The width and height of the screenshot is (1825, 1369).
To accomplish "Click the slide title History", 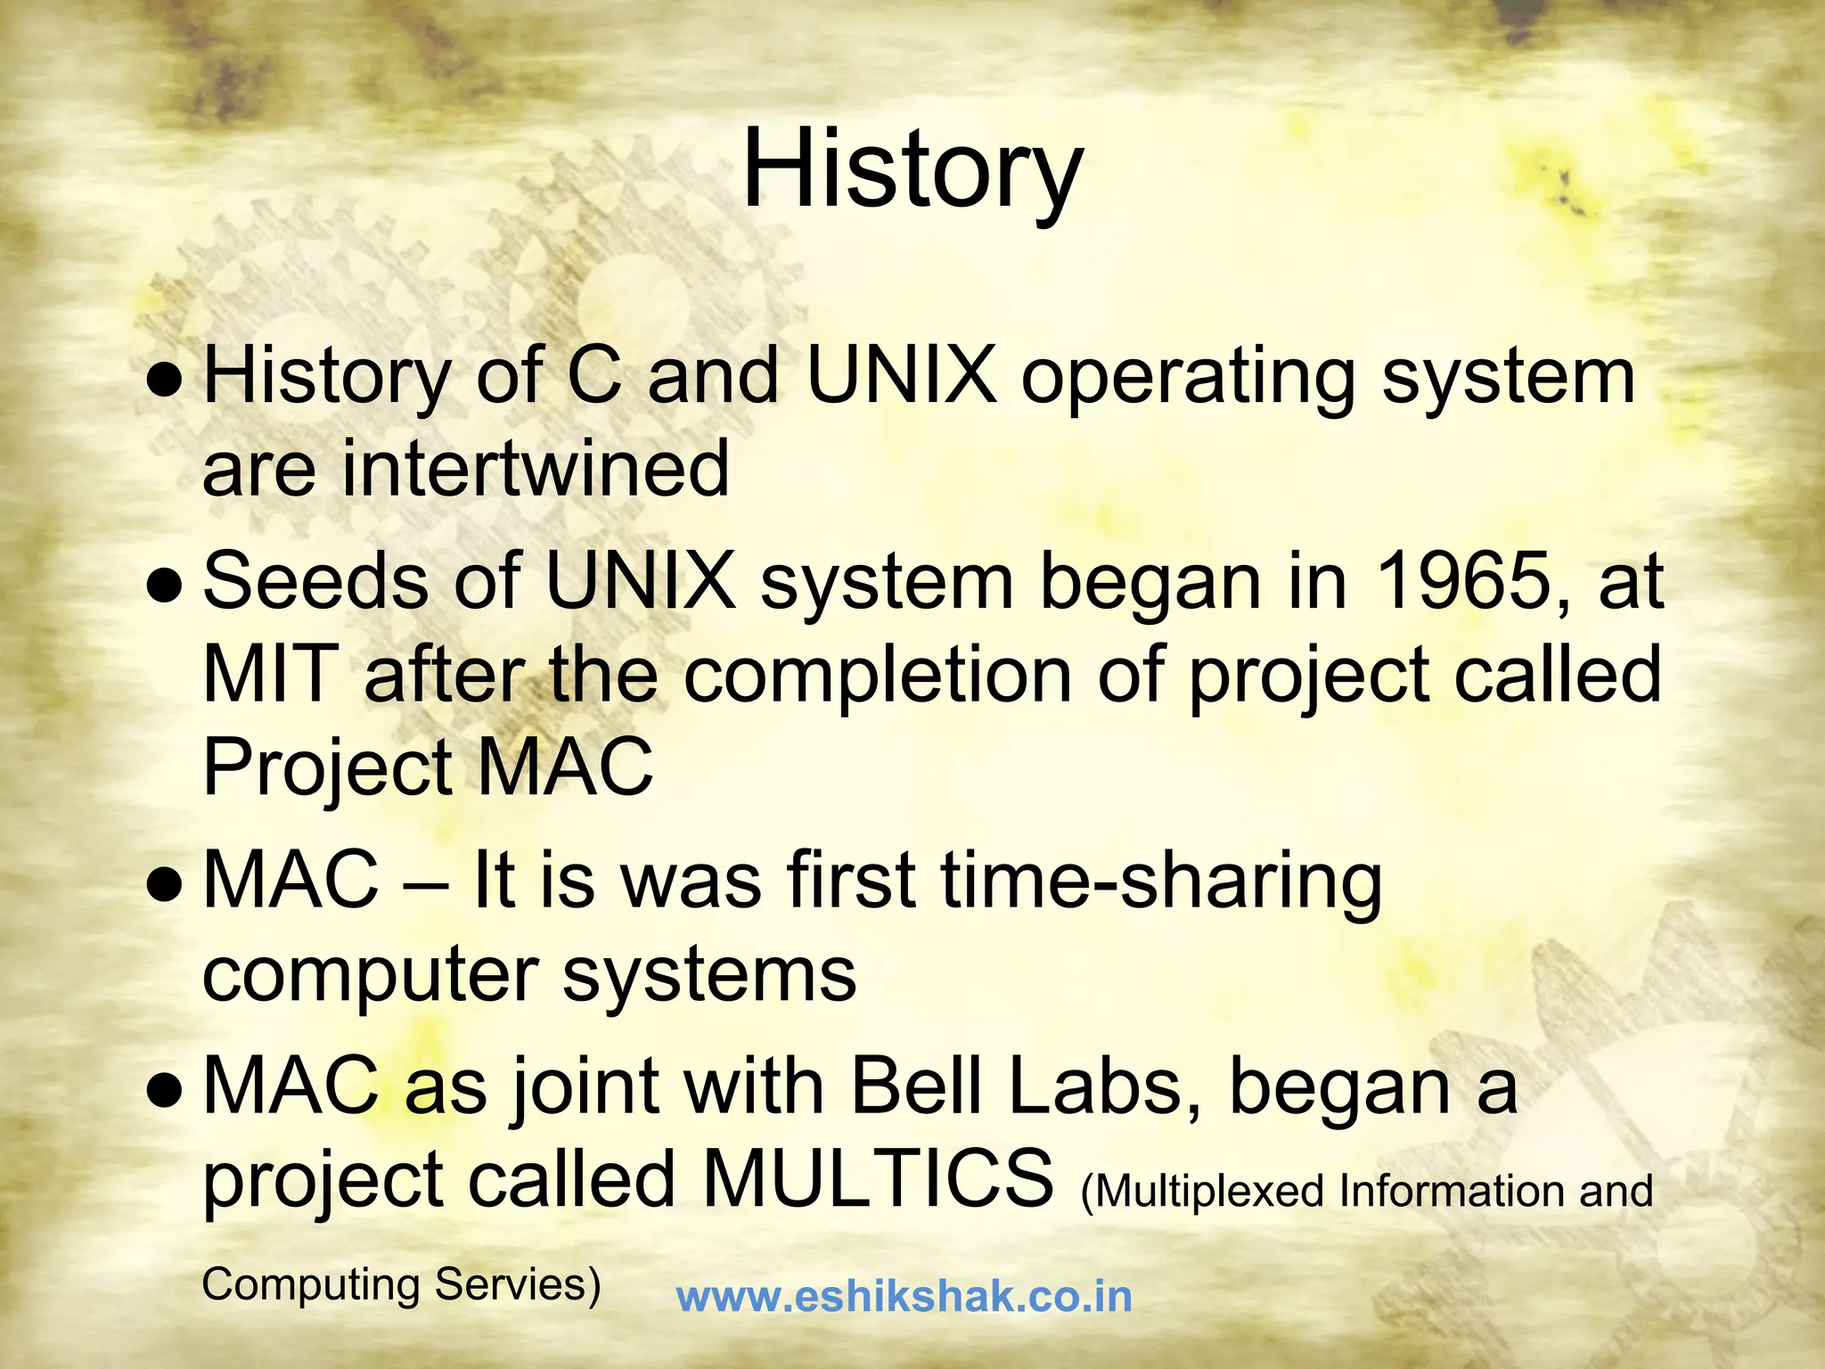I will tap(912, 169).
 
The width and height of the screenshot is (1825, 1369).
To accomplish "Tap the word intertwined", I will tap(535, 469).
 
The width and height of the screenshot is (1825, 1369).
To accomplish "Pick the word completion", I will tap(878, 676).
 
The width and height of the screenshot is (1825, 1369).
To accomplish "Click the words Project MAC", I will tap(428, 767).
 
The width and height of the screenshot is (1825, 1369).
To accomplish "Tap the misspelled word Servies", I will tap(517, 1285).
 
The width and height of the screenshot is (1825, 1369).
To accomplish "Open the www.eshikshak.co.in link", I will tap(904, 1297).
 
